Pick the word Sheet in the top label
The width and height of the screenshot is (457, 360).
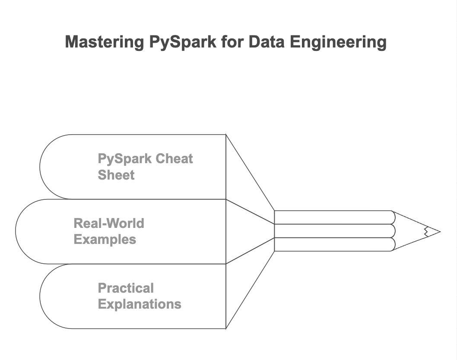(x=116, y=175)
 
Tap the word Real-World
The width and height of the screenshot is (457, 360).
(x=109, y=223)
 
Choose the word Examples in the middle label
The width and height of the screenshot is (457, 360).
(x=105, y=239)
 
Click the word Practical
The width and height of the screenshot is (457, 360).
(x=126, y=288)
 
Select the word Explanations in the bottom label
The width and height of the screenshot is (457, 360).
(x=140, y=304)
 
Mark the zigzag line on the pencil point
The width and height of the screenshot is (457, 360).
(x=426, y=231)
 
